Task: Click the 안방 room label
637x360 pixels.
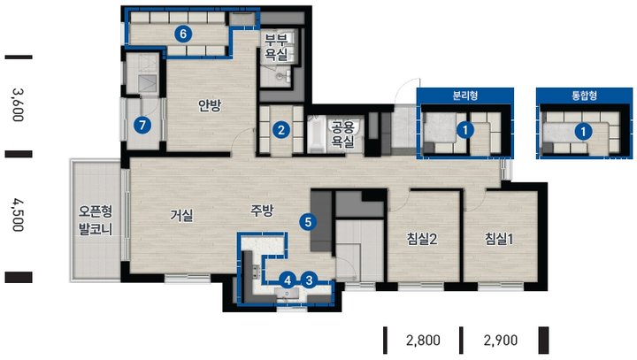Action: coord(210,105)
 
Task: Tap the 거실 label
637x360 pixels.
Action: coord(181,215)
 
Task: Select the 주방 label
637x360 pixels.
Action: coord(262,211)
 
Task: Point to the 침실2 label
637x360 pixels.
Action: coord(422,239)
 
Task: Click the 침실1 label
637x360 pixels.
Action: coord(499,239)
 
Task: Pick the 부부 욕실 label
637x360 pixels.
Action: coord(276,47)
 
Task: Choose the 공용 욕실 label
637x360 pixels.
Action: coord(343,134)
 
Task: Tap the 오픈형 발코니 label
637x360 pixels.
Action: coord(96,220)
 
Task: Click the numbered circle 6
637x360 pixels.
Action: coord(183,34)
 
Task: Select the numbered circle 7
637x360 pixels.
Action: coord(142,125)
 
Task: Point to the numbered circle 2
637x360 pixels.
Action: coord(280,130)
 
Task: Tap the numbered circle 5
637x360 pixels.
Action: coord(308,222)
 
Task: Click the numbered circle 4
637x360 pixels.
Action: coord(288,280)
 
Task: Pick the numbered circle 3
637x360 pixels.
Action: coord(310,280)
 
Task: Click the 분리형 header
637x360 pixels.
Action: coord(465,96)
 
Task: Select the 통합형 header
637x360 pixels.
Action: coord(584,96)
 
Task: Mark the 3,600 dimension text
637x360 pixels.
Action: coord(18,105)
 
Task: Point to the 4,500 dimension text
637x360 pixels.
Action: coord(18,215)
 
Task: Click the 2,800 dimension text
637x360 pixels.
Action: coord(423,340)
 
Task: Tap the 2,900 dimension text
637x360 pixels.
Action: coord(501,340)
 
